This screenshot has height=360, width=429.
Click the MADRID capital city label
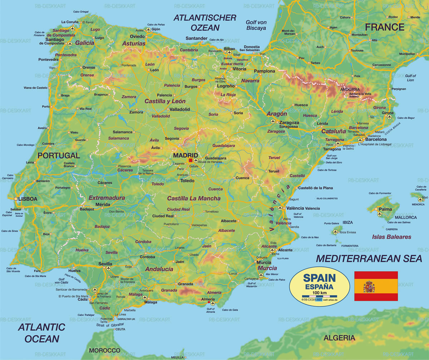[x=185, y=155]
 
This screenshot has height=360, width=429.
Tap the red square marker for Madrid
[x=191, y=160]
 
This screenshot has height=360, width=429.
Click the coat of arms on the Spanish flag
[x=369, y=286]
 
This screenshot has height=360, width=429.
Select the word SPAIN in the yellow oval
[x=319, y=278]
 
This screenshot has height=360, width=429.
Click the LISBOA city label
[x=27, y=199]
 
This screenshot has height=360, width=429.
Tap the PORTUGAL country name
[x=59, y=156]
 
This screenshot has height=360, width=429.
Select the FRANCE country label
[x=384, y=27]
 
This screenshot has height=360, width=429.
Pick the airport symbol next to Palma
[x=379, y=214]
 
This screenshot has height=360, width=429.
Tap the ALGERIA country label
[x=339, y=338]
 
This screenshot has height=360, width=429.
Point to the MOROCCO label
[x=104, y=350]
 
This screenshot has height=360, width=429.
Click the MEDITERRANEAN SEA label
[x=369, y=258]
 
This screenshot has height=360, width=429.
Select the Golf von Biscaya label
[x=256, y=25]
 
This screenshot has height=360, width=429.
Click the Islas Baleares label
[x=391, y=237]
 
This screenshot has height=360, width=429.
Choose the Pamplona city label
[x=265, y=71]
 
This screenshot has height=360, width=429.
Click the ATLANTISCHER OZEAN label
[x=205, y=22]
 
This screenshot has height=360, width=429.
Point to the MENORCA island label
[x=418, y=204]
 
